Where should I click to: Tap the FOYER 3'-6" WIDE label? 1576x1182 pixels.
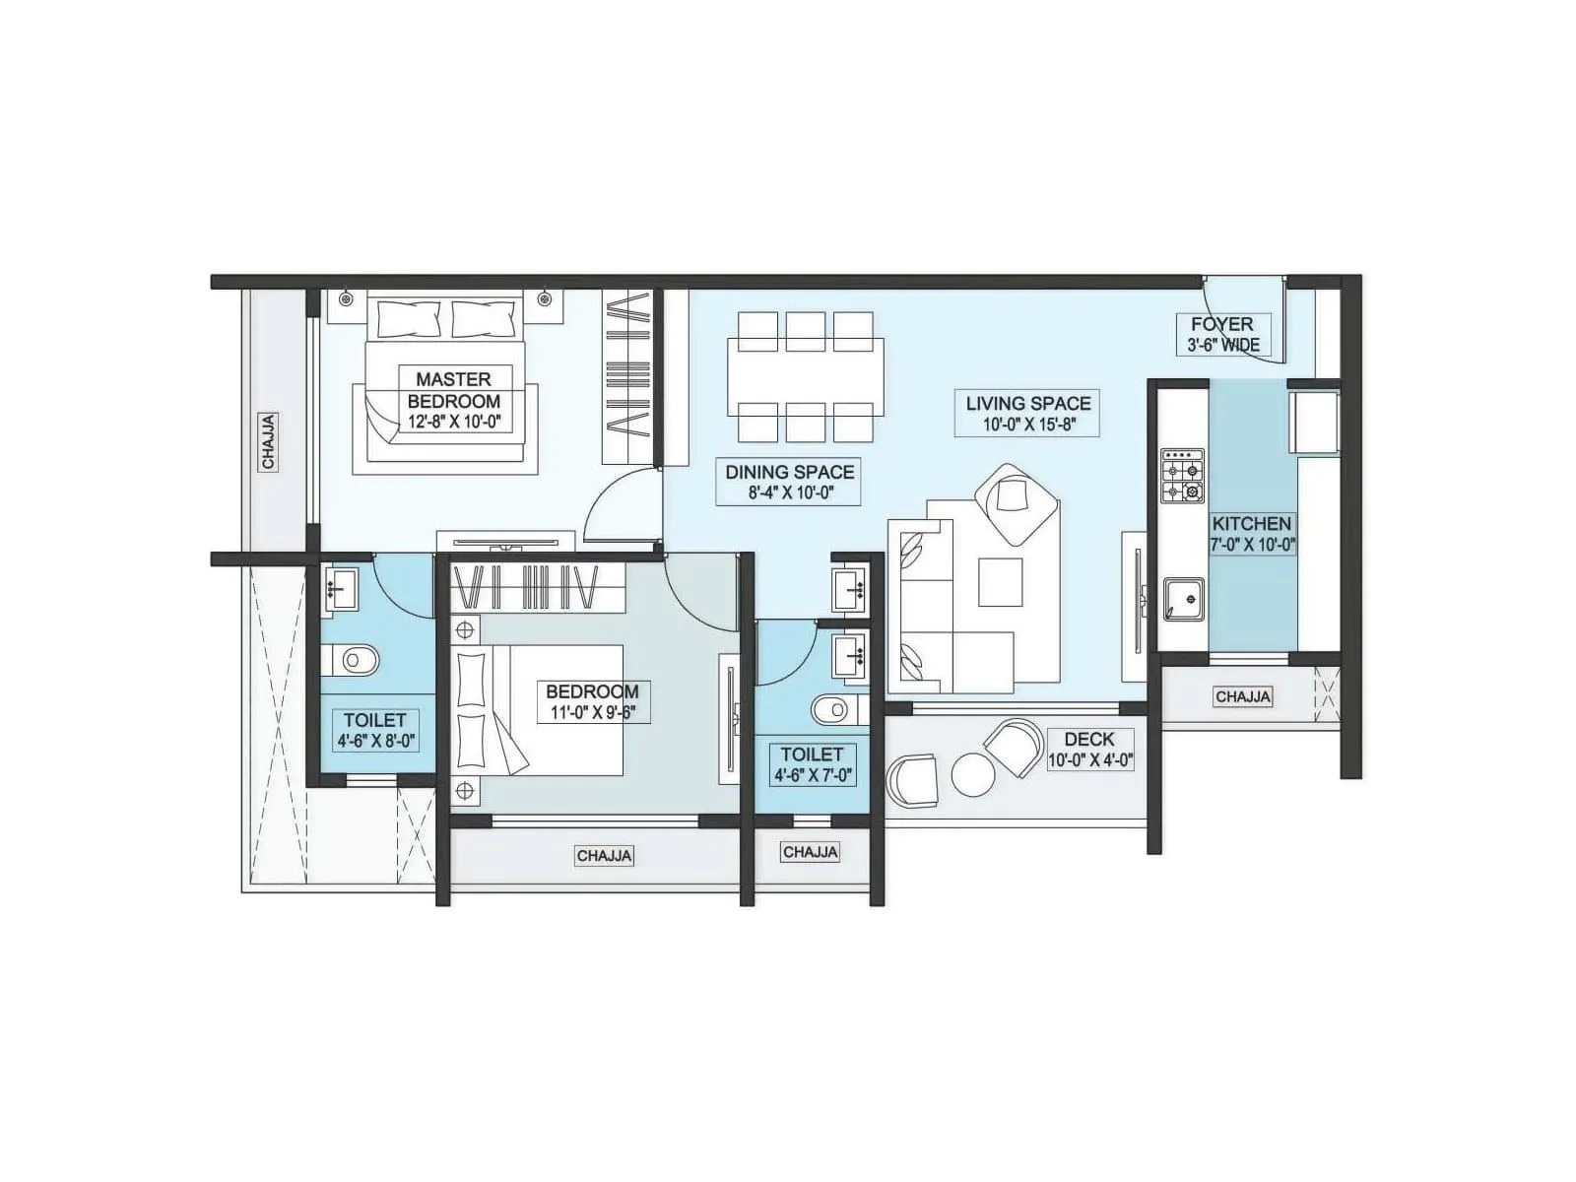[1221, 334]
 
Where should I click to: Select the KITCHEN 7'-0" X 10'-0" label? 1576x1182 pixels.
[1251, 533]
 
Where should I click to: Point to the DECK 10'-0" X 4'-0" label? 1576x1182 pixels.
[1089, 749]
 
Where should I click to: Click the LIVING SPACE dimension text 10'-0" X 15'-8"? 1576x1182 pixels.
[1027, 425]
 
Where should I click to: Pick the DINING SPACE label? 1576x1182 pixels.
[790, 472]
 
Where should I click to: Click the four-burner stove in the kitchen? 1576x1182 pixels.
[1182, 476]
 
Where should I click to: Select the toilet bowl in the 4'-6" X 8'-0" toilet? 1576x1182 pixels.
[354, 659]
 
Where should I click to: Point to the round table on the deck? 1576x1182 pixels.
[973, 775]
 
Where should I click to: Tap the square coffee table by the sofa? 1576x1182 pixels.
[1000, 581]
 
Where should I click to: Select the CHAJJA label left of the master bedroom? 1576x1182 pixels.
[269, 440]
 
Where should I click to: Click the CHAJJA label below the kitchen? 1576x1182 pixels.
[1242, 696]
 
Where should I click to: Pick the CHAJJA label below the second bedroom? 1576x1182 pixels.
[604, 856]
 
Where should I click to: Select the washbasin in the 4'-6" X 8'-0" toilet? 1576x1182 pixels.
[342, 590]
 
